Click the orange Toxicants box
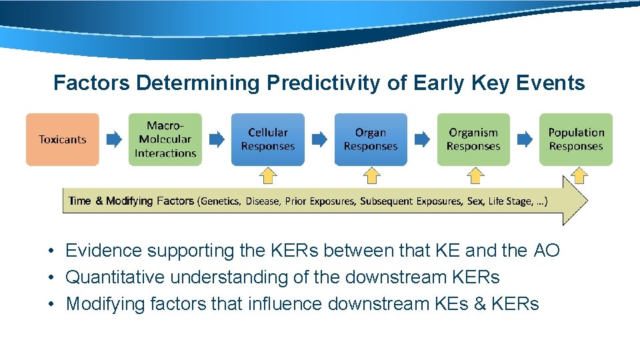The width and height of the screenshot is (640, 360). (x=63, y=139)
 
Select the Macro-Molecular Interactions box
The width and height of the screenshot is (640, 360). (x=165, y=139)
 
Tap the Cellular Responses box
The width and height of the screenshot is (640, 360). (x=267, y=139)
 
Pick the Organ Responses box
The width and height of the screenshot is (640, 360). (x=370, y=139)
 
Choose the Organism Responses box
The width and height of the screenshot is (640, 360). (x=473, y=139)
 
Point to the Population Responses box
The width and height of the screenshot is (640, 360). (x=575, y=139)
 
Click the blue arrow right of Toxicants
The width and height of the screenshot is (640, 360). (x=114, y=139)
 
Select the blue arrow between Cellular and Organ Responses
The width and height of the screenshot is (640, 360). (x=319, y=139)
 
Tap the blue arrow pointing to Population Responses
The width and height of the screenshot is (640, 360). (x=525, y=139)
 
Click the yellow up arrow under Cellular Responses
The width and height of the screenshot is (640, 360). (x=267, y=175)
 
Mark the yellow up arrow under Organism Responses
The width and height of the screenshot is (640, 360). (x=475, y=175)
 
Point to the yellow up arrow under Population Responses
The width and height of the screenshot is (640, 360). (x=579, y=175)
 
